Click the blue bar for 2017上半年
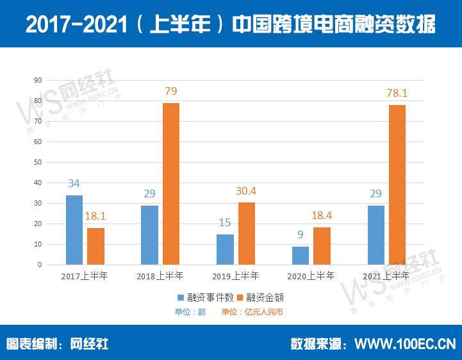[x=74, y=230]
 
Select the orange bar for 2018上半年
[x=170, y=184]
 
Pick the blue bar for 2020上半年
[x=300, y=256]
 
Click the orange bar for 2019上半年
[x=246, y=233]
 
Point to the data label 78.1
[x=397, y=93]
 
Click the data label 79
[x=170, y=92]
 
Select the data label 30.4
[x=246, y=191]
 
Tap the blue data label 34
[x=74, y=184]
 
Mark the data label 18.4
[x=322, y=216]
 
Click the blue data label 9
[x=300, y=235]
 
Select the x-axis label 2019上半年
[x=235, y=276]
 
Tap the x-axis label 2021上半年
[x=386, y=276]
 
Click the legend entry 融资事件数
[x=201, y=298]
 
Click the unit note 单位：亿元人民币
[x=252, y=312]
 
